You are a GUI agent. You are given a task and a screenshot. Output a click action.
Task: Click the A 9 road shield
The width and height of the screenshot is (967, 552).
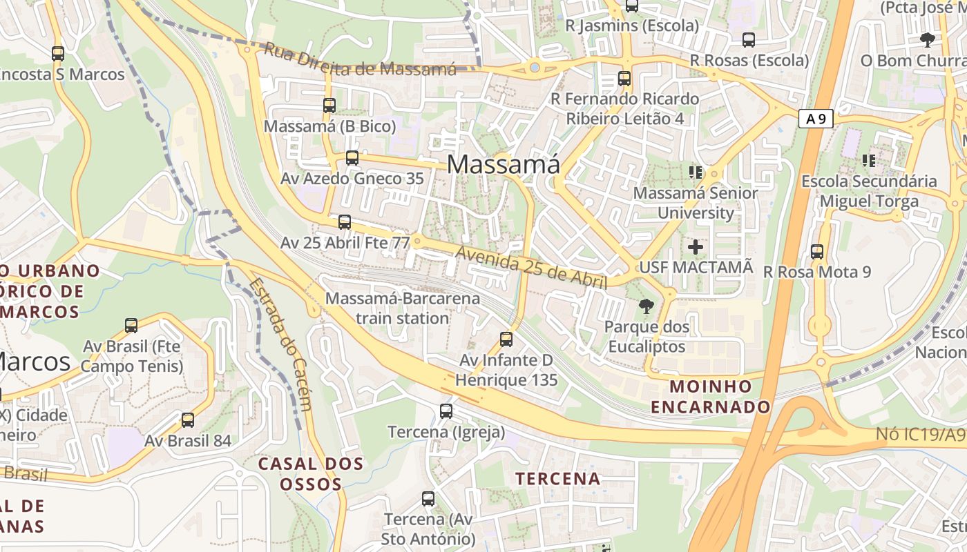816,119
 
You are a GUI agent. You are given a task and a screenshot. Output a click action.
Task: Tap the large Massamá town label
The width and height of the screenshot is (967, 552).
504,164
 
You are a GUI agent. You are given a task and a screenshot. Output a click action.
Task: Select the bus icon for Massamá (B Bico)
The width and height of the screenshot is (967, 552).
329,106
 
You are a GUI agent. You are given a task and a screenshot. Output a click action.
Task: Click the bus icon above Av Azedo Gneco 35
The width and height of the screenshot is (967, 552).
352,158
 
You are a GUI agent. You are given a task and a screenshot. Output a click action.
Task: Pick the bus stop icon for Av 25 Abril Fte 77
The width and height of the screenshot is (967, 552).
345,222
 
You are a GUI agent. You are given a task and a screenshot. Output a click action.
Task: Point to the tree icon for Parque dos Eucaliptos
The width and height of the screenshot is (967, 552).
647,306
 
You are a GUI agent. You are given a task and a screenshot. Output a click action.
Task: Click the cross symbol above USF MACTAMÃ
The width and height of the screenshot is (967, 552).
696,246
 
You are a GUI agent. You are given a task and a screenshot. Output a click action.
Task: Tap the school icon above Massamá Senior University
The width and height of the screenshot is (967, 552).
696,172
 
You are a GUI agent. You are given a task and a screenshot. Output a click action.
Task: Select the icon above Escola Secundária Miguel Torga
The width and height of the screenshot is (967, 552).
869,161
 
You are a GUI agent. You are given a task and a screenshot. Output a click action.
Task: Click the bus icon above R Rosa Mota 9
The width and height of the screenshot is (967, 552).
817,252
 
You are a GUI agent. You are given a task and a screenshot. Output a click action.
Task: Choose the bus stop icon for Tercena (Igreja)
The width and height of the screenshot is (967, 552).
446,411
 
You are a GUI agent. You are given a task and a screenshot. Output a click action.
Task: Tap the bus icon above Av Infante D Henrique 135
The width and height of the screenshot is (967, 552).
506,339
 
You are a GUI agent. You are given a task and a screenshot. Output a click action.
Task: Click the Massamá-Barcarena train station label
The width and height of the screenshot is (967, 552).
403,308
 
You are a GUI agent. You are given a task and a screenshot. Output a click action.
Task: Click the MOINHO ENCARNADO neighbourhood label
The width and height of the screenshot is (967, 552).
711,396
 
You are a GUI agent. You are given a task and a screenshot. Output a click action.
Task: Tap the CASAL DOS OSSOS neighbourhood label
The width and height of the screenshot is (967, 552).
311,473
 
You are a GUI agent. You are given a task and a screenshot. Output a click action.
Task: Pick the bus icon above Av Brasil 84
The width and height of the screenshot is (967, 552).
188,420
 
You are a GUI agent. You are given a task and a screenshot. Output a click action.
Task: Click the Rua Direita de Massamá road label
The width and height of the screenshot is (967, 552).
361,61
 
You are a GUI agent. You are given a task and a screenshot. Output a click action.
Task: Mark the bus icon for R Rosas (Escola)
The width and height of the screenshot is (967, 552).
749,40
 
